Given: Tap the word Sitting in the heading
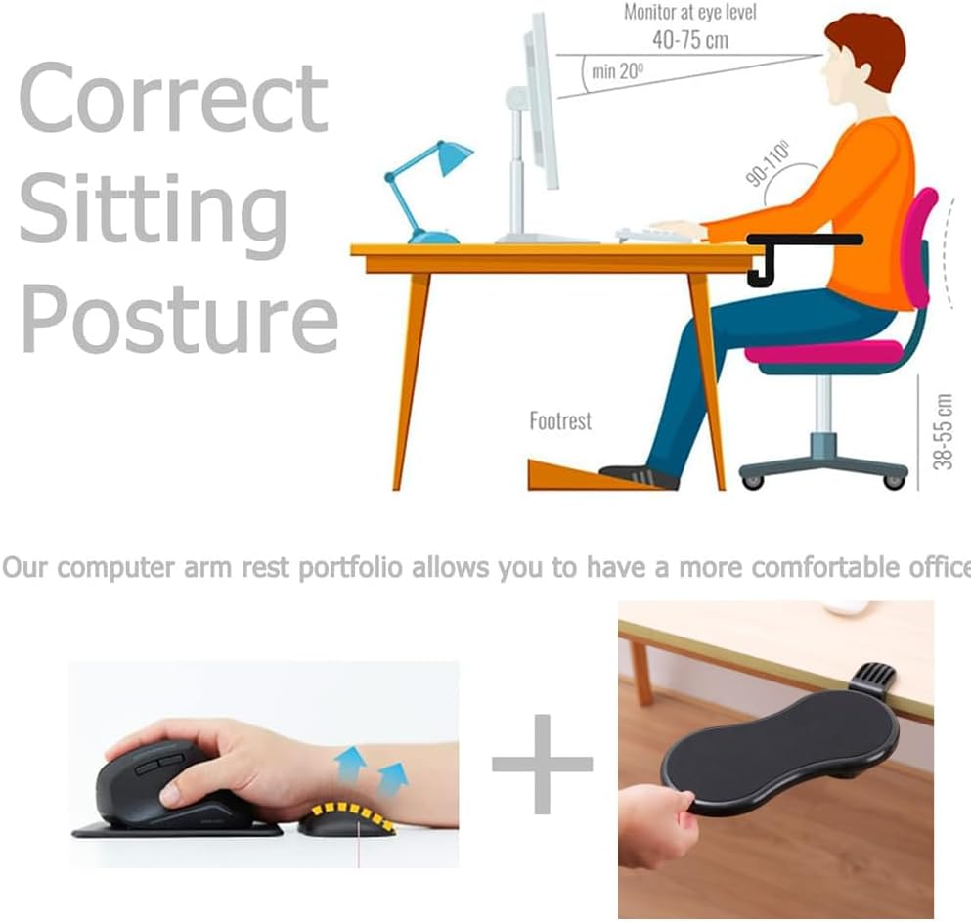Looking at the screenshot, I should [x=154, y=208].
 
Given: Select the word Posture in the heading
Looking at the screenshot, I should [x=179, y=318].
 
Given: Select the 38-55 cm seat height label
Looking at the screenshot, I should [x=944, y=431].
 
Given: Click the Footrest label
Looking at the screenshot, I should [x=560, y=421].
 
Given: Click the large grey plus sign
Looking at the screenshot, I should [x=542, y=764].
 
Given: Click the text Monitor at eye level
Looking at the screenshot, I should [x=689, y=13].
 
